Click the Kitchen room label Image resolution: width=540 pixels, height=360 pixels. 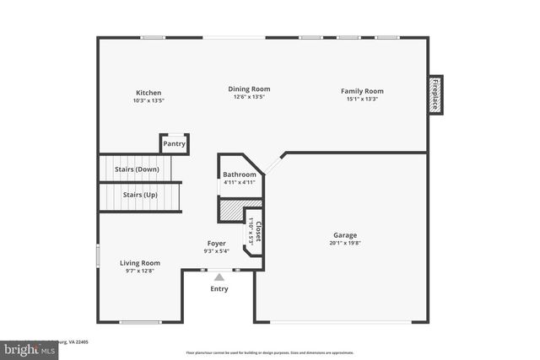point(148,93)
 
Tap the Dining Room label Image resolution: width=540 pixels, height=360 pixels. point(249,89)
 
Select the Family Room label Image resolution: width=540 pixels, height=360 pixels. point(362,91)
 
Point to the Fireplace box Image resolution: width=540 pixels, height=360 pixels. point(435,94)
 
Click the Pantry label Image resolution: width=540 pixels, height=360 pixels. point(174,144)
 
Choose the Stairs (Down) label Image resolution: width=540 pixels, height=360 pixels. point(137,169)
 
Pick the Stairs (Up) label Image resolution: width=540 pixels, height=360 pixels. point(140,195)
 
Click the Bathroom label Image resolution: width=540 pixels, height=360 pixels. point(240,175)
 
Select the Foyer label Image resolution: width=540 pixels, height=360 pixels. point(216,243)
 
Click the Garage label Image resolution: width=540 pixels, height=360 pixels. point(344,235)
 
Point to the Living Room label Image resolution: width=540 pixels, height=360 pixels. point(139,263)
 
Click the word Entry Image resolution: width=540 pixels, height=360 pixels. point(219,289)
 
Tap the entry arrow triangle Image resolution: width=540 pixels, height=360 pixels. point(219,277)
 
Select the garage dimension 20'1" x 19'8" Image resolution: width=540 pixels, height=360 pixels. point(344,243)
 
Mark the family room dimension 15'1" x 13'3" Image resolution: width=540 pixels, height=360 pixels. point(362,99)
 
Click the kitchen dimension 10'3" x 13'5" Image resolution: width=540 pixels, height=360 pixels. point(148,100)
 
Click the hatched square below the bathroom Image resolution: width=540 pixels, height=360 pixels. point(230,210)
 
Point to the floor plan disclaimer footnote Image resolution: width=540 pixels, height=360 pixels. point(270,353)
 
